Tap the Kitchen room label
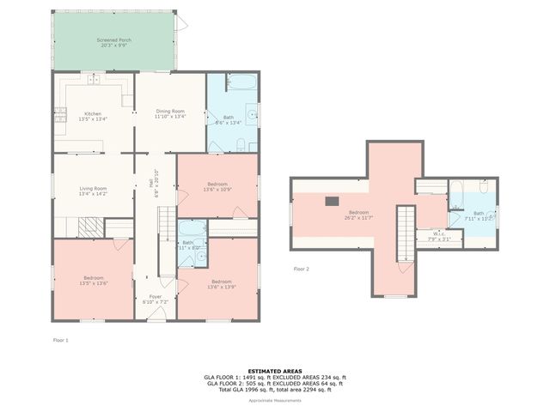(x=92, y=113)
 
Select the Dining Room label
(x=170, y=111)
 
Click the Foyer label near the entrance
(x=155, y=296)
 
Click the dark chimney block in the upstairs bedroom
(x=332, y=202)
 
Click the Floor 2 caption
(x=301, y=269)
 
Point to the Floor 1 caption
(x=60, y=341)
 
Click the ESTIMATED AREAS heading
(x=274, y=371)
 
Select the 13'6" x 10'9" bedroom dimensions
(x=217, y=189)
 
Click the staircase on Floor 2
(x=405, y=233)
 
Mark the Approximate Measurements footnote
(x=274, y=400)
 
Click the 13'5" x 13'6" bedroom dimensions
(x=93, y=282)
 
